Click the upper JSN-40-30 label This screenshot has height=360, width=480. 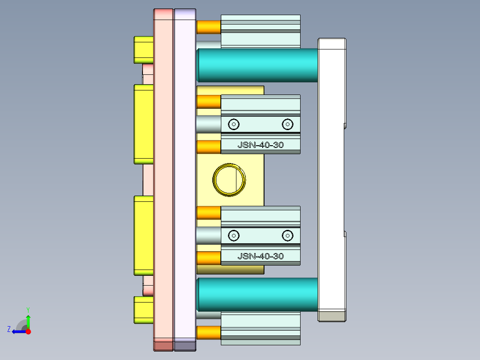[x=260, y=145]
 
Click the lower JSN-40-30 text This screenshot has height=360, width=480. [x=260, y=256]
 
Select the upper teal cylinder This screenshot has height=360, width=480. [x=257, y=65]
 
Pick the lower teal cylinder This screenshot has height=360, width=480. [x=257, y=295]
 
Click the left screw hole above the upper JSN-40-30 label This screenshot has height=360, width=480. [x=234, y=124]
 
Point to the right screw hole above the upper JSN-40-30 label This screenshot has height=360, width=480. [x=288, y=124]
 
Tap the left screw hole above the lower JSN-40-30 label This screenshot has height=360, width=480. [x=234, y=235]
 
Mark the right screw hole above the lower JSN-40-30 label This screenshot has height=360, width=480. [x=288, y=235]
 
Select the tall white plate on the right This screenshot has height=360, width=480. [x=332, y=178]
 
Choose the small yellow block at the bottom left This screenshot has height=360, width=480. [x=144, y=310]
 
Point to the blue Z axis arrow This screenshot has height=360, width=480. [x=17, y=331]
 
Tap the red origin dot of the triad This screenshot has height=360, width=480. [x=28, y=331]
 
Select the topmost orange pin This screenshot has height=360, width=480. [x=209, y=27]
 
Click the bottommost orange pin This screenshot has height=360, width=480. [x=209, y=332]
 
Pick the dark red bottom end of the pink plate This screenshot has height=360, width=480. [x=163, y=344]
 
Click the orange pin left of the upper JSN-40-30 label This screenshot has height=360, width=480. [x=209, y=147]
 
